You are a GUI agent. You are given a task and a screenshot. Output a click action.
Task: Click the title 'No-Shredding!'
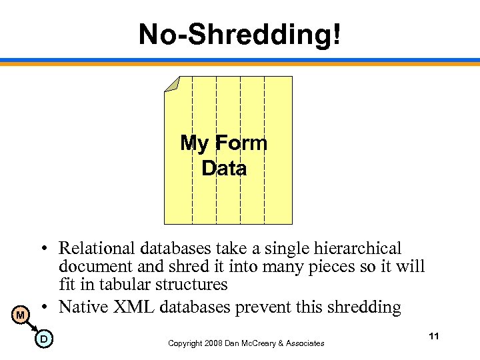(239, 34)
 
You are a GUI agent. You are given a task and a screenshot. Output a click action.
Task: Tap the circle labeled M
(21, 314)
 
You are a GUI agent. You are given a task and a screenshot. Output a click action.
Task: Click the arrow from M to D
(32, 327)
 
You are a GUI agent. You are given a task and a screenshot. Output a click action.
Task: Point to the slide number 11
(434, 336)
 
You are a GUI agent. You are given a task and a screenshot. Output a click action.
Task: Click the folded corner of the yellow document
(171, 84)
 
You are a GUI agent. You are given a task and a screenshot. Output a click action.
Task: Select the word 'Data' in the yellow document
(224, 169)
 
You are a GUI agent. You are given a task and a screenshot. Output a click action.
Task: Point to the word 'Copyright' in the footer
(185, 343)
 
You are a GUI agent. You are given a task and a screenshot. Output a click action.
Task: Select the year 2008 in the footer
(215, 343)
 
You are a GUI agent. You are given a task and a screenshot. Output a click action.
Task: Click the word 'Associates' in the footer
(303, 343)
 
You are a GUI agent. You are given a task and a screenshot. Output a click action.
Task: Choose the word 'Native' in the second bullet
(81, 307)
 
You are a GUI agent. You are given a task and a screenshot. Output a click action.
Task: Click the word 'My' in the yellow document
(194, 143)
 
